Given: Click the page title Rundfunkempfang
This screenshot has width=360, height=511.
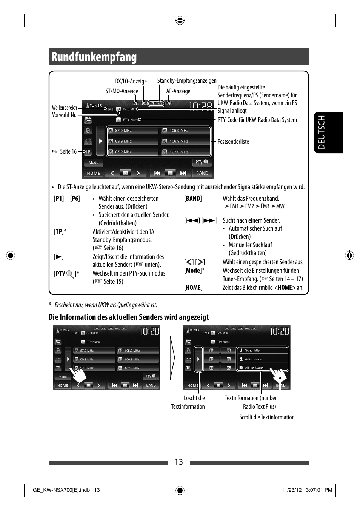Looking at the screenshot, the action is [x=94, y=57].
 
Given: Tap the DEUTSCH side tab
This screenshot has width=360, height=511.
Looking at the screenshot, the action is [x=322, y=132].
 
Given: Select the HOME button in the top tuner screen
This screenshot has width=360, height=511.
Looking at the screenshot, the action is [x=94, y=173].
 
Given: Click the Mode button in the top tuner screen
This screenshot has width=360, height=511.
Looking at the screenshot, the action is [x=94, y=163].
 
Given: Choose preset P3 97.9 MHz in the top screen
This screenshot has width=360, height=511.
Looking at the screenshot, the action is [x=132, y=152].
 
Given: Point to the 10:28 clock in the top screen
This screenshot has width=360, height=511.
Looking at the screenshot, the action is [x=201, y=107].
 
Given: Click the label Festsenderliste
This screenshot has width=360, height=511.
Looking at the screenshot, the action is [x=233, y=142].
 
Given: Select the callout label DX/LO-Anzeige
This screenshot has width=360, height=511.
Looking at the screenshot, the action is [x=131, y=82].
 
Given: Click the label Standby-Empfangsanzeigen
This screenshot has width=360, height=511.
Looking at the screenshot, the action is [x=187, y=81].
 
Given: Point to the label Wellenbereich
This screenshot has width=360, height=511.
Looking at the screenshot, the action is [x=65, y=108].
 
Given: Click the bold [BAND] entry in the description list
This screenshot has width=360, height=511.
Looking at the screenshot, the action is [x=193, y=199].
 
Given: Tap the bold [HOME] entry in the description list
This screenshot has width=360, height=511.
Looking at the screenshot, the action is [x=193, y=288].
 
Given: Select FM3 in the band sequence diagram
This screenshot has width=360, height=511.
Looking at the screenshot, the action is [x=265, y=206].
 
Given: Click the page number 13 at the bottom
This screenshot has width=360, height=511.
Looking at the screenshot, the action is [x=179, y=462].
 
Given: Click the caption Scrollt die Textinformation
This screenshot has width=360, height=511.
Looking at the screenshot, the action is [x=267, y=417].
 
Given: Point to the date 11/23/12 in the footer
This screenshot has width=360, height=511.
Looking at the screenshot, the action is [x=292, y=490].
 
